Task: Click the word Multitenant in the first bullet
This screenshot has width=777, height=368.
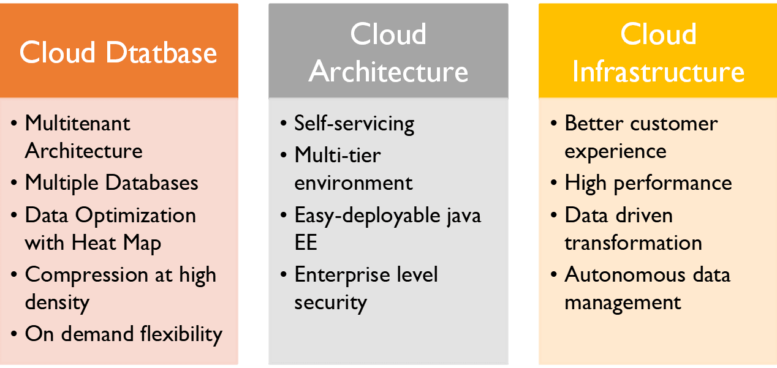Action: pos(77,123)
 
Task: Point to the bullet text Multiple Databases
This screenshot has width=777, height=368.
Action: pos(112,182)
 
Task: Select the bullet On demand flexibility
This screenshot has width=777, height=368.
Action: pos(123,334)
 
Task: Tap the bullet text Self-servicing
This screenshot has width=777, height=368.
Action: pos(354,123)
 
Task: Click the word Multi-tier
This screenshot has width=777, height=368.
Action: pos(337,155)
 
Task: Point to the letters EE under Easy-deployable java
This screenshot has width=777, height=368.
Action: pos(306,242)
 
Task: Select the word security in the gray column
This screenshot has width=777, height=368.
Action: pos(330,302)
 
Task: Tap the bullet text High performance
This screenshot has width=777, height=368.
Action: pos(648,182)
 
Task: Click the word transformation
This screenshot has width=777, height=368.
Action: pos(633,242)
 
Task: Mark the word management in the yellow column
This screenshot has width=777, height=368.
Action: pos(623,302)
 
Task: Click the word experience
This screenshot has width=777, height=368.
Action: pos(615,151)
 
